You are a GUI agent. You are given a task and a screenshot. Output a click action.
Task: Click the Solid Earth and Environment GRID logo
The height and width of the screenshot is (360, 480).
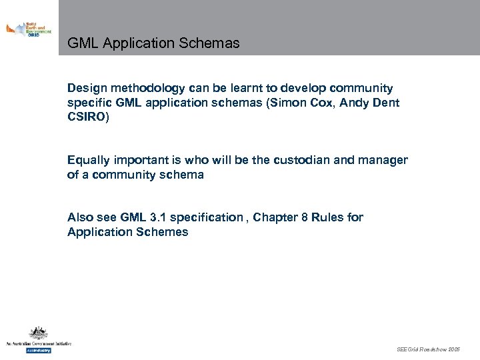[x=29, y=29]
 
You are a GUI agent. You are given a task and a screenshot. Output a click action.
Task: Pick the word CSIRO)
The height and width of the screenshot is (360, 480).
[x=87, y=117]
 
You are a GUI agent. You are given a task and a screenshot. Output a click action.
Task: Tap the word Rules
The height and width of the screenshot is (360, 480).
[x=329, y=217]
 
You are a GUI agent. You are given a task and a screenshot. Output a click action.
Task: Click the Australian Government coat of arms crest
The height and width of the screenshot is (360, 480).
[x=38, y=334]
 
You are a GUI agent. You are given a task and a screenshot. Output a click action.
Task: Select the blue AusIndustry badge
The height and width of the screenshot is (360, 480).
[x=38, y=350]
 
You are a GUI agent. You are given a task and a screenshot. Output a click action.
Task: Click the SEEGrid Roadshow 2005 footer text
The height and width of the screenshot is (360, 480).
[x=428, y=349]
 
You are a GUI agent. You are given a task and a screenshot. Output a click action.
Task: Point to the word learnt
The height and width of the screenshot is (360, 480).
[x=253, y=88]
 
